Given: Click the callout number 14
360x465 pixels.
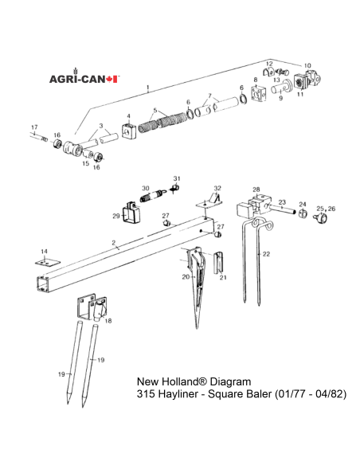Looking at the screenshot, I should click(x=45, y=252).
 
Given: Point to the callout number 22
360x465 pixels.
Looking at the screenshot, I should click(x=267, y=253).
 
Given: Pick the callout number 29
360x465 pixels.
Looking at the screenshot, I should click(x=115, y=215).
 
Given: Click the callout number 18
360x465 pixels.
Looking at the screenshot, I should click(x=108, y=321).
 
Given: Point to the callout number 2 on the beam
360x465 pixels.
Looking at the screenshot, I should click(x=114, y=241).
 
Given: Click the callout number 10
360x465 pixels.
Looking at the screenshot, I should click(x=307, y=65).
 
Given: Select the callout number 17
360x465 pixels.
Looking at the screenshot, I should click(x=33, y=127).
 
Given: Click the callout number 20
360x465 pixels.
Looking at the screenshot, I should click(x=185, y=276).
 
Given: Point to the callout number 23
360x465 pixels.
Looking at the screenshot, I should click(x=282, y=202).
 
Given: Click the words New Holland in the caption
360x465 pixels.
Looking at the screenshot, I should click(x=167, y=380).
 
